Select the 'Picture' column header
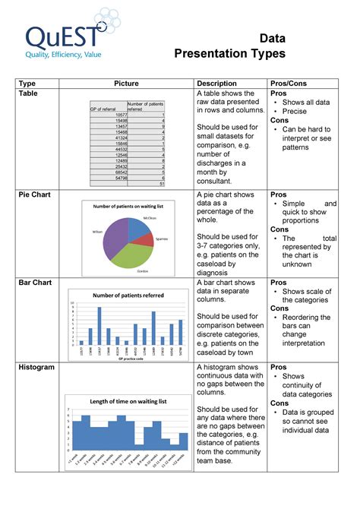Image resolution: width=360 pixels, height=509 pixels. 126,83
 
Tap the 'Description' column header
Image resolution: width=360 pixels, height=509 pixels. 216,83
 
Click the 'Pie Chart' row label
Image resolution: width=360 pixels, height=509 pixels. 34,195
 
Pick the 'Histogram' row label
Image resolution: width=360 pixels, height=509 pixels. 36,368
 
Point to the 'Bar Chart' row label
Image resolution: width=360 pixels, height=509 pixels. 34,283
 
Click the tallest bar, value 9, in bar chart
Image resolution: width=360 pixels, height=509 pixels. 99,325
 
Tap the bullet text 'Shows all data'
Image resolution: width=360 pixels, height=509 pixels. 306,102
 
